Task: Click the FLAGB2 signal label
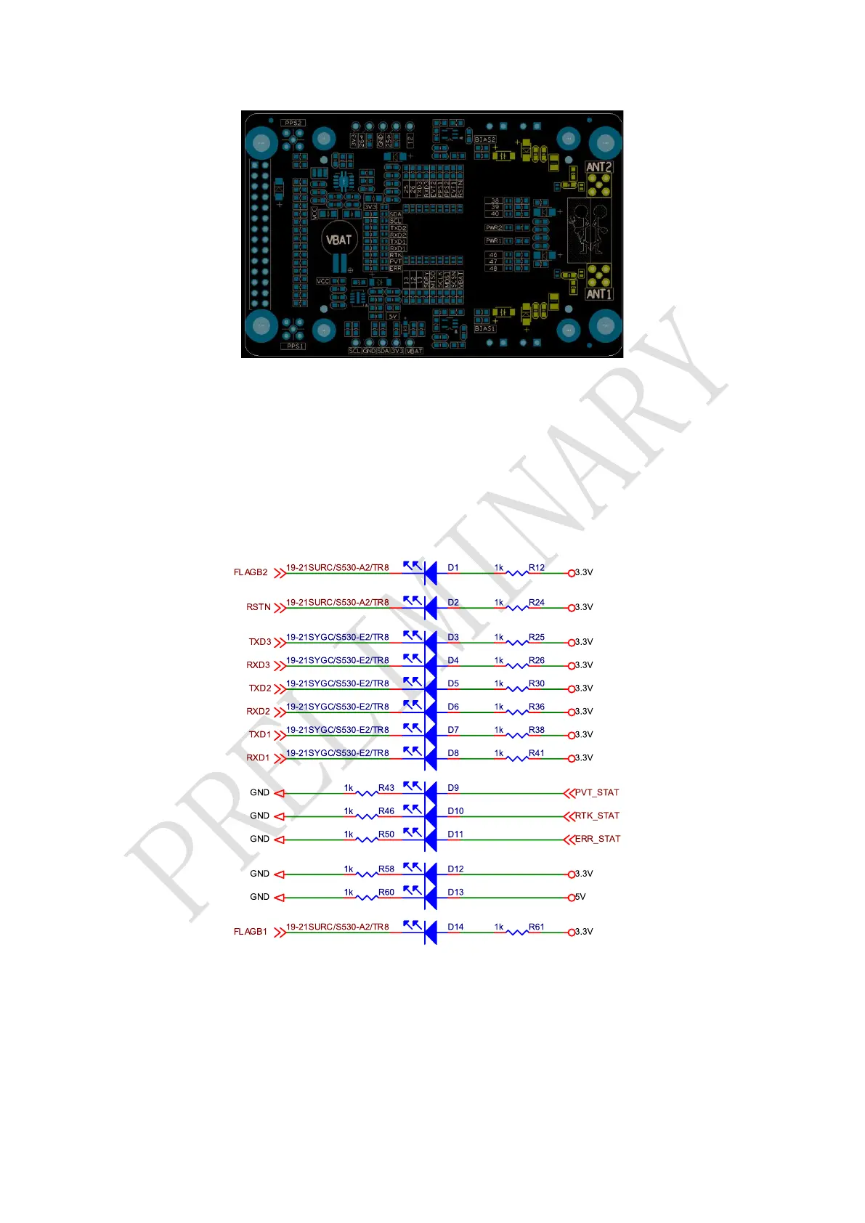251,572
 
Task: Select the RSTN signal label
259,607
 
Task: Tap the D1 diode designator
453,568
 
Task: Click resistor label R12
537,568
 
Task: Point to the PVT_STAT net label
597,792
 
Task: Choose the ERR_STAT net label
598,839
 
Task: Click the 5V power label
580,897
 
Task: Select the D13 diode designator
455,893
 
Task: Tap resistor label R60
386,893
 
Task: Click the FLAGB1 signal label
251,932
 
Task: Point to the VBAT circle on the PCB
338,240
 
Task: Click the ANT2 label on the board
599,167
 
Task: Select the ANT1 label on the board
599,294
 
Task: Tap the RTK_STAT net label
597,816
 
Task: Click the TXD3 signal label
260,642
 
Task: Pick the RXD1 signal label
258,757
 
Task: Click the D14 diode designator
455,927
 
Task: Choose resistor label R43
386,788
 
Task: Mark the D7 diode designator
453,730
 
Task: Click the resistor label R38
537,730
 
